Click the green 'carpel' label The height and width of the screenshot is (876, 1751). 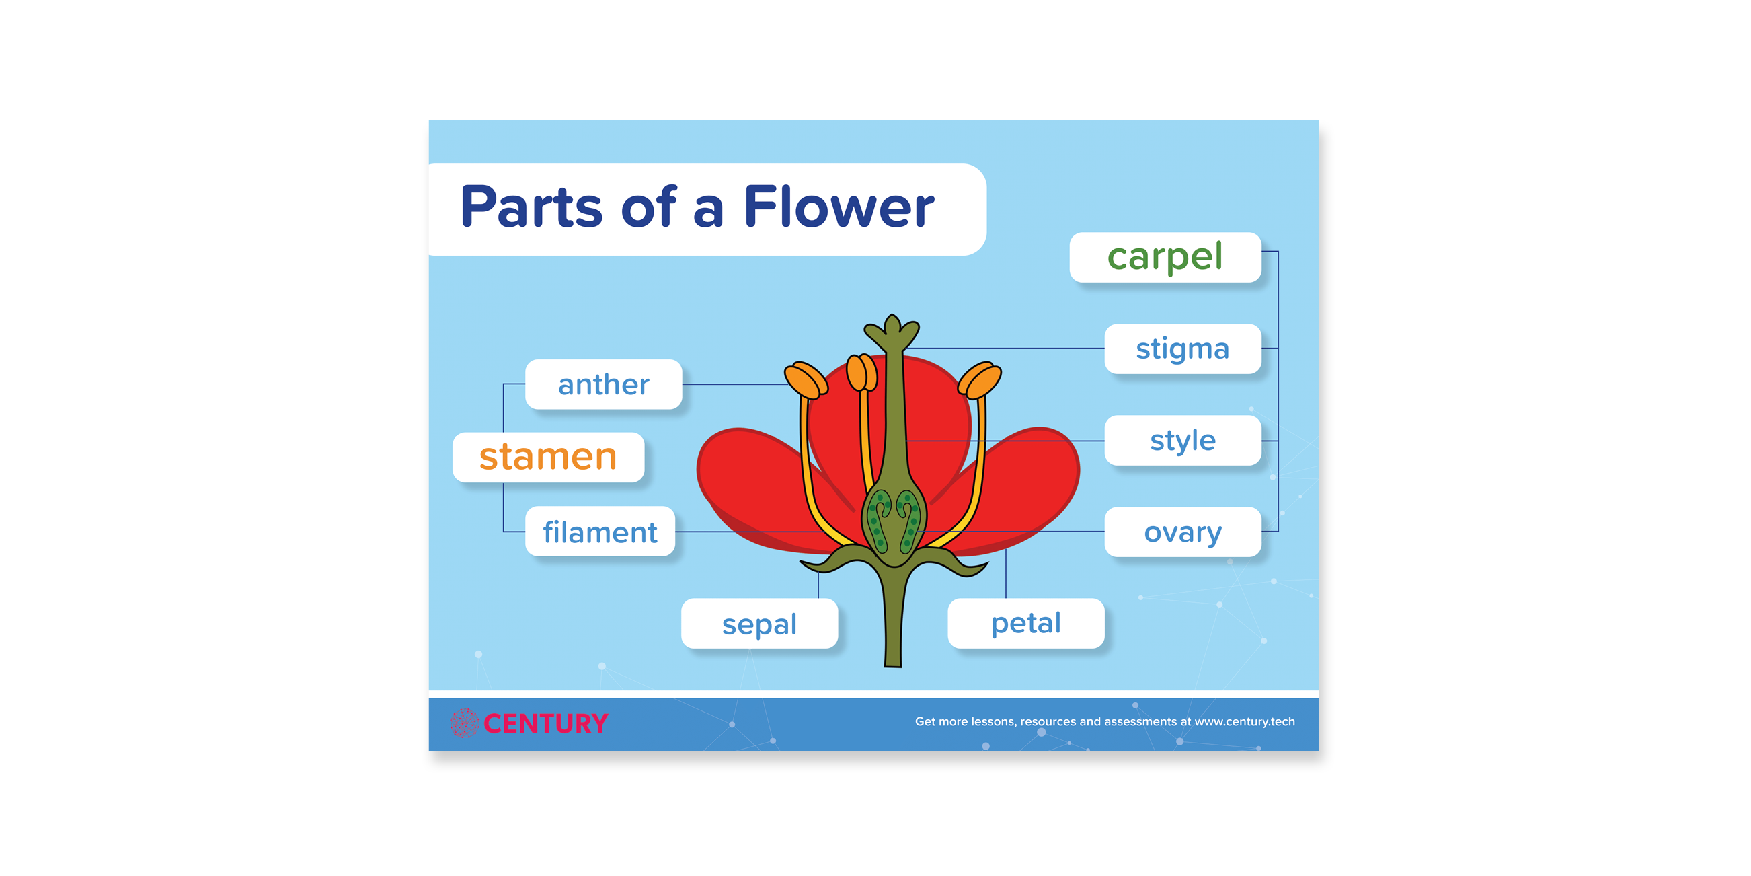coord(1165,257)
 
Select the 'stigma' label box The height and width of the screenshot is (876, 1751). coord(1183,349)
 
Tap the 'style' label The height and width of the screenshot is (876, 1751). coord(1183,440)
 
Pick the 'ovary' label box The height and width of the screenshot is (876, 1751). coord(1183,532)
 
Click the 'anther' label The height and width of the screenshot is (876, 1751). coord(604,384)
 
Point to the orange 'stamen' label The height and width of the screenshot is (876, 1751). coord(548,457)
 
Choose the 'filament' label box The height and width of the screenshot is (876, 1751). coord(600,531)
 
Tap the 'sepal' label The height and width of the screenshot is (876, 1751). coord(759,623)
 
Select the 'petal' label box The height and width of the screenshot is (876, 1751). coord(1025,623)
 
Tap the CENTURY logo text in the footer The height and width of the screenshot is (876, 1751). coord(545,723)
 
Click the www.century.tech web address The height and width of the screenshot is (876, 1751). coord(1244,721)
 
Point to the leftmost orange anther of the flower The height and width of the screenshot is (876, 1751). coord(806,379)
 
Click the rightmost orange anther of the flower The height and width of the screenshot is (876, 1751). coord(980,379)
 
